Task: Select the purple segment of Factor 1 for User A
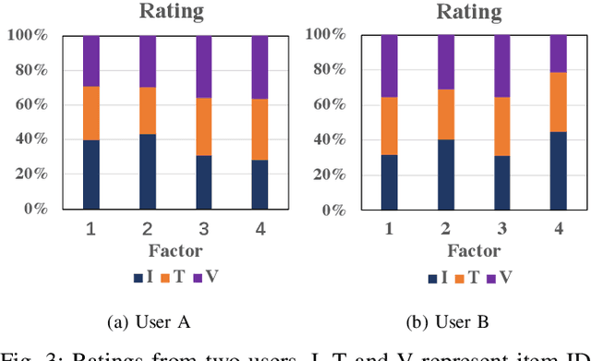91,61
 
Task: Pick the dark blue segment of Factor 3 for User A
203,182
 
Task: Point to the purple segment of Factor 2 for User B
447,63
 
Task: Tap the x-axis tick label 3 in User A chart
203,229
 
